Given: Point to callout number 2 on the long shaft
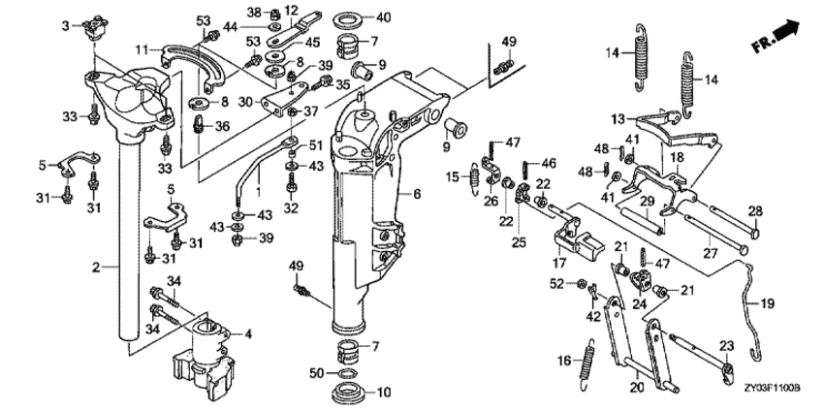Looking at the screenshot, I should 96,265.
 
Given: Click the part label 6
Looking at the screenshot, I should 419,194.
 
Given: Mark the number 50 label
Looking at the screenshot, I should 318,372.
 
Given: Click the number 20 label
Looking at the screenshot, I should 636,388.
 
